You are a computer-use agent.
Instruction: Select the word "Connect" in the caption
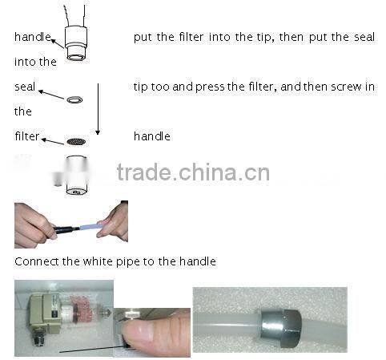click(x=34, y=261)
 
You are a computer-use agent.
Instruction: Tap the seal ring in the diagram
click(x=75, y=99)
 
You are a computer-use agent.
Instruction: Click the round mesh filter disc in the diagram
click(x=75, y=140)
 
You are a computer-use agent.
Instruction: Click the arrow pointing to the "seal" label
click(x=53, y=94)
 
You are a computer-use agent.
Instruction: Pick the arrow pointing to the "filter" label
click(x=53, y=141)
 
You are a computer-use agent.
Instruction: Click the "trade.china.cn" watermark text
click(x=192, y=172)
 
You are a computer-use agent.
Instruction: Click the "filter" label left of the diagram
click(x=26, y=136)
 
